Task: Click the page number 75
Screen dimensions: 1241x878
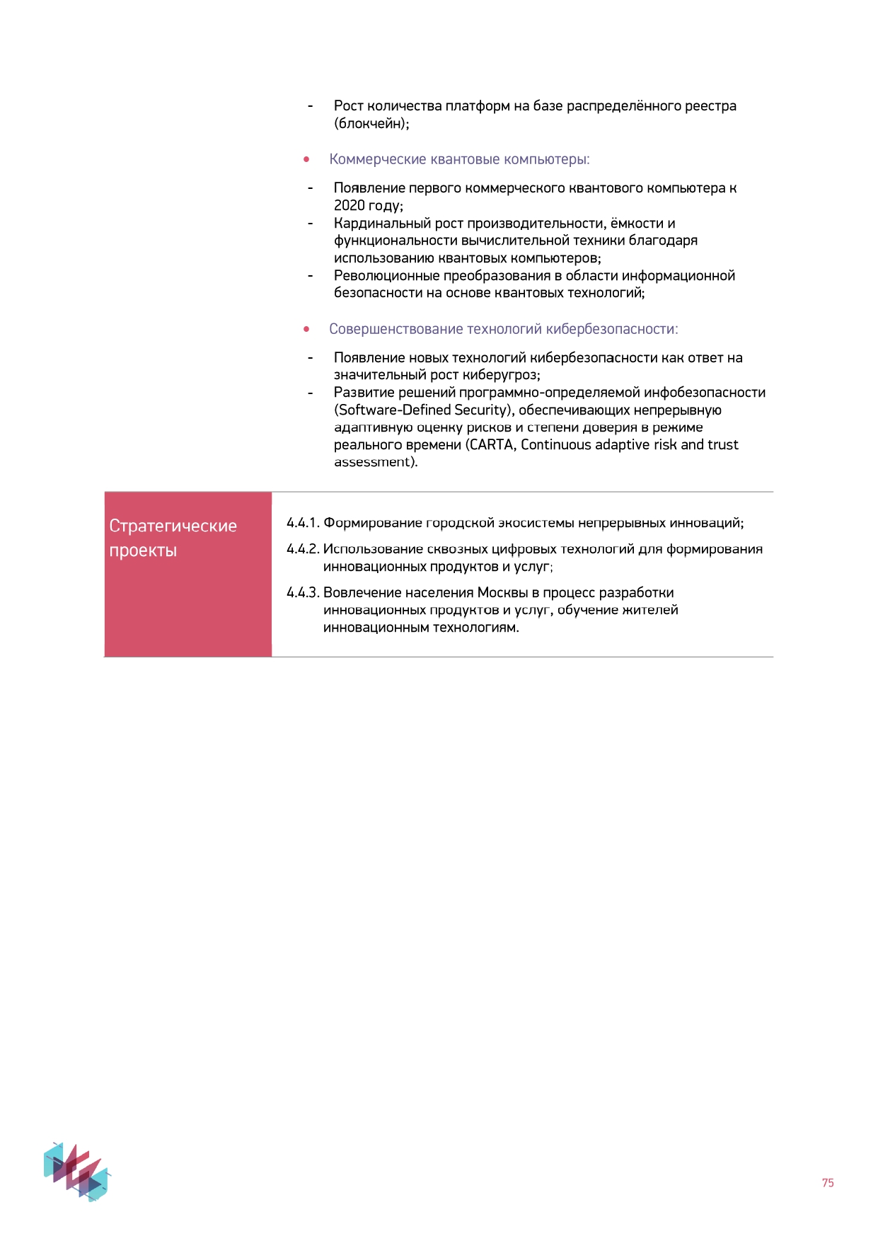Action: [828, 1182]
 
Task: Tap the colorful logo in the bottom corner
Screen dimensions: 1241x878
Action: [77, 1170]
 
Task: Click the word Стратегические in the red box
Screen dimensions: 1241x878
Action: [173, 526]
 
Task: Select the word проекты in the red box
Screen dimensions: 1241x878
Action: [143, 550]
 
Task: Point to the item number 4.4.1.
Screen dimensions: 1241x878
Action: [303, 523]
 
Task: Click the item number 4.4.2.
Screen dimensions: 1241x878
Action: [303, 549]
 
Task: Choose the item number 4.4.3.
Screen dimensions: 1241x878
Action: [303, 592]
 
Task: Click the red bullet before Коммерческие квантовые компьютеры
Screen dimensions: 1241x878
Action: [306, 160]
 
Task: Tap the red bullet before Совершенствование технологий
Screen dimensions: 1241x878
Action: [306, 329]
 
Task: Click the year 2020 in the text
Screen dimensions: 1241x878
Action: [350, 206]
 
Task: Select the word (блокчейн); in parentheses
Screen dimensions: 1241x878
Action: [371, 124]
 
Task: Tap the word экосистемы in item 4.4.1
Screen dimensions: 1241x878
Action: [536, 523]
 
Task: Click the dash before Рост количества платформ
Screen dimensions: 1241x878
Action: [310, 106]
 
